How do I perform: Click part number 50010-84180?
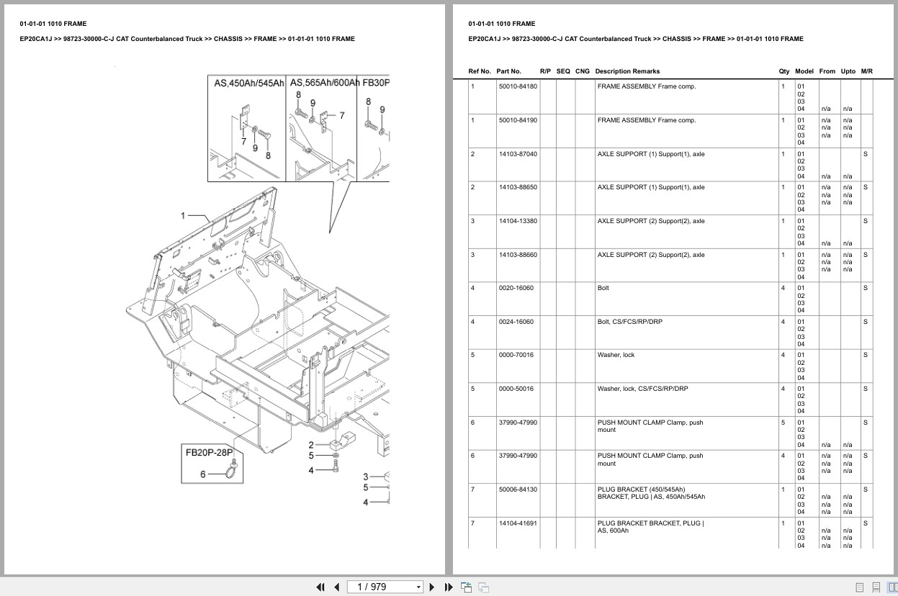517,86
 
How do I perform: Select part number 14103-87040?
517,154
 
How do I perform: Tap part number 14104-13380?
517,221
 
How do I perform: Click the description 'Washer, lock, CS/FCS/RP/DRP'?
642,389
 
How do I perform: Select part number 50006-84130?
517,489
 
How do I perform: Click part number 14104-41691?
517,523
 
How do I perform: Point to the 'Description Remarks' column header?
627,71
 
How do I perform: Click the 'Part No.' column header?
508,71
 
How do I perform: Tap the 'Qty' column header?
783,71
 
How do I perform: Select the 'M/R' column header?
866,71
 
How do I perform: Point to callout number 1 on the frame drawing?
183,215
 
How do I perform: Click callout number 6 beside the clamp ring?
203,474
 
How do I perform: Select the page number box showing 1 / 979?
385,587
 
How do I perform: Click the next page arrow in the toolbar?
432,587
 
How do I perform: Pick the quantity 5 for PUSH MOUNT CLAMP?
783,423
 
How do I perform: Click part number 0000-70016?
516,355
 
